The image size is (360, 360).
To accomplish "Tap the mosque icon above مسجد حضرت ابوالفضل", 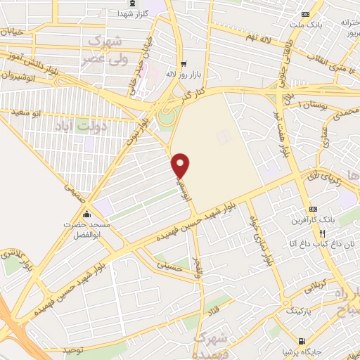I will (x=86, y=214).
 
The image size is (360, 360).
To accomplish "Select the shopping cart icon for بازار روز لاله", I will (x=183, y=61).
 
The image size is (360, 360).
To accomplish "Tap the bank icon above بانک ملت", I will (x=304, y=15).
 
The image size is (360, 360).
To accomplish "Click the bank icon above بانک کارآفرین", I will (x=313, y=210).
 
